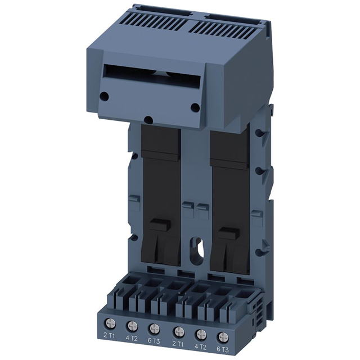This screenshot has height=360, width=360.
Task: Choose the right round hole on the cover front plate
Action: (195, 107)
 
